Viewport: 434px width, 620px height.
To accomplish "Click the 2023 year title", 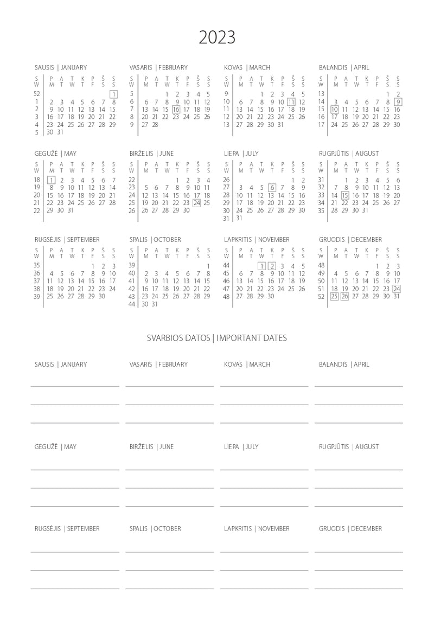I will pyautogui.click(x=217, y=37).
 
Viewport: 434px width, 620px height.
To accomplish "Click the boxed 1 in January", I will pyautogui.click(x=114, y=94).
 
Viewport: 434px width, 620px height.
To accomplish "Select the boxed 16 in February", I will pyautogui.click(x=176, y=109).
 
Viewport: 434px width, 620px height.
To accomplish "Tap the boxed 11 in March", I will pyautogui.click(x=291, y=101).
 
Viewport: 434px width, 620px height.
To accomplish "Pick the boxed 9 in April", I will pyautogui.click(x=398, y=101).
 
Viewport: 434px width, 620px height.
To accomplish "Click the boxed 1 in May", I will pyautogui.click(x=51, y=180).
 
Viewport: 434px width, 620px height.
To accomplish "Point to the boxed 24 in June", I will pyautogui.click(x=197, y=203).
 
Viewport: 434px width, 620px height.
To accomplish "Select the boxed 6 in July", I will pyautogui.click(x=272, y=188).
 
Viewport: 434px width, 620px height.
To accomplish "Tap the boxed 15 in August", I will pyautogui.click(x=345, y=195).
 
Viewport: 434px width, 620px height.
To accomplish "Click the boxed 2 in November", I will pyautogui.click(x=272, y=266).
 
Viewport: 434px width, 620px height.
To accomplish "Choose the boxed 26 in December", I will pyautogui.click(x=344, y=296).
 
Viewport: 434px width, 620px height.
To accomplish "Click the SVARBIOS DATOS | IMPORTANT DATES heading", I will pyautogui.click(x=217, y=338).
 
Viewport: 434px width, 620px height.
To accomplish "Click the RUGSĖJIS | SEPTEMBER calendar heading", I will pyautogui.click(x=67, y=240).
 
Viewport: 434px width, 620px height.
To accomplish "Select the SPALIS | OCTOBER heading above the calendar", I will pyautogui.click(x=155, y=240).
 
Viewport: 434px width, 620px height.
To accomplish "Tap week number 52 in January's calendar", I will pyautogui.click(x=37, y=94).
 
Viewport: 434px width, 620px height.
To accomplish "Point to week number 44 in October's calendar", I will pyautogui.click(x=132, y=304).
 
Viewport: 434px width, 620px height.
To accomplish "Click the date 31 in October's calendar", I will pyautogui.click(x=156, y=304).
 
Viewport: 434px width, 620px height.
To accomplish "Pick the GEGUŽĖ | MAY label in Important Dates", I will pyautogui.click(x=56, y=447).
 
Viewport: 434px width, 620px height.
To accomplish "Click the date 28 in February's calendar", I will pyautogui.click(x=156, y=124).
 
